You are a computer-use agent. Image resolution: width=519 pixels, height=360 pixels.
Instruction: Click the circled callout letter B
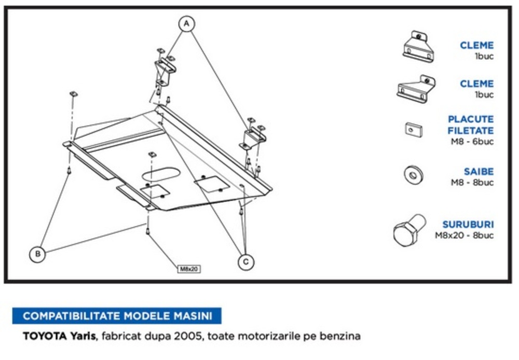point(37,254)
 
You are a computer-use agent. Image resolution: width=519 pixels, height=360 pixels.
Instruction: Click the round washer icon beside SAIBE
point(413,175)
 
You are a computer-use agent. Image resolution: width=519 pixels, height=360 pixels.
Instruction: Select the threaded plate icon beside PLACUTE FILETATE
point(413,129)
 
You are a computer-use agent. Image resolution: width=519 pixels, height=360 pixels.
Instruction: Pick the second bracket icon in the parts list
point(416,88)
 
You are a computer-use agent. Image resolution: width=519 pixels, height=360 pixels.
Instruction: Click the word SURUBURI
point(468,225)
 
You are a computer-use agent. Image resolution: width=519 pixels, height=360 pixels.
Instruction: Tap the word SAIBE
point(479,172)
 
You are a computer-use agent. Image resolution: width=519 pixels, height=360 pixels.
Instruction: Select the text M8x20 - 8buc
point(464,236)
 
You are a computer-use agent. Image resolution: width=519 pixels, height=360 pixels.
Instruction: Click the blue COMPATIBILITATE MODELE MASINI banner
point(117,315)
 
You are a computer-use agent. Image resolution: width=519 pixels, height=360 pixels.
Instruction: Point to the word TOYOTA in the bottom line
point(44,336)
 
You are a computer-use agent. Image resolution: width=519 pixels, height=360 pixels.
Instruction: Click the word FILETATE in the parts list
point(470,131)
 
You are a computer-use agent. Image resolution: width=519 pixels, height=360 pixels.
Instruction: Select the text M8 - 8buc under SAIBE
point(472,182)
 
